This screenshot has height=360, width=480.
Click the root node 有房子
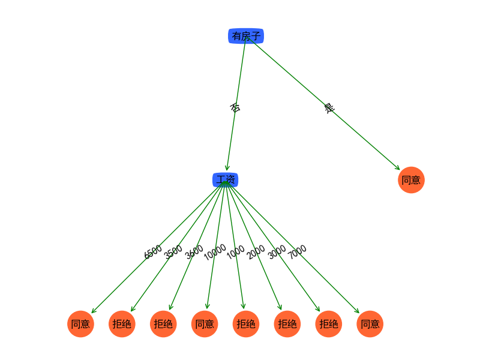[x=246, y=36]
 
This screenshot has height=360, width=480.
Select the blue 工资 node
[x=226, y=180]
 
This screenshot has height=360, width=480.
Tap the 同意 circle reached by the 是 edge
[x=411, y=180]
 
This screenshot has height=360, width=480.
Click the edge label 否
[x=235, y=108]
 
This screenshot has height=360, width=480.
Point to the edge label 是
[x=329, y=109]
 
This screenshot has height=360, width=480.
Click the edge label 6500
[x=153, y=252]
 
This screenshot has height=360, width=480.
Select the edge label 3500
[x=173, y=252]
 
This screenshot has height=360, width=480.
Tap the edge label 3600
[x=194, y=252]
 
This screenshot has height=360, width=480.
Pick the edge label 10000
[x=215, y=252]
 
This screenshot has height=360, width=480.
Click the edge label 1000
[x=236, y=252]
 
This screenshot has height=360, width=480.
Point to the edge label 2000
[x=256, y=252]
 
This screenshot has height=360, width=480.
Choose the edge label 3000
[x=277, y=252]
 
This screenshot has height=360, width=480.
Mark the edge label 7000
[x=298, y=252]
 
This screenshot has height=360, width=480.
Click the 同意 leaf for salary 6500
[x=80, y=324]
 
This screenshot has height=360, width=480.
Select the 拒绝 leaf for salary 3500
[x=122, y=324]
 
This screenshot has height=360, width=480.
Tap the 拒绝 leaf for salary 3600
[x=163, y=324]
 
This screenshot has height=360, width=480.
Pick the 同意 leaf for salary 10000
[x=205, y=324]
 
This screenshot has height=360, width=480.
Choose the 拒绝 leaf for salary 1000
[x=246, y=324]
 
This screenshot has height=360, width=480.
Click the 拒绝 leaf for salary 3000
[x=329, y=324]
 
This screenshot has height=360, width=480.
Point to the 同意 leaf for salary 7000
[x=370, y=324]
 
